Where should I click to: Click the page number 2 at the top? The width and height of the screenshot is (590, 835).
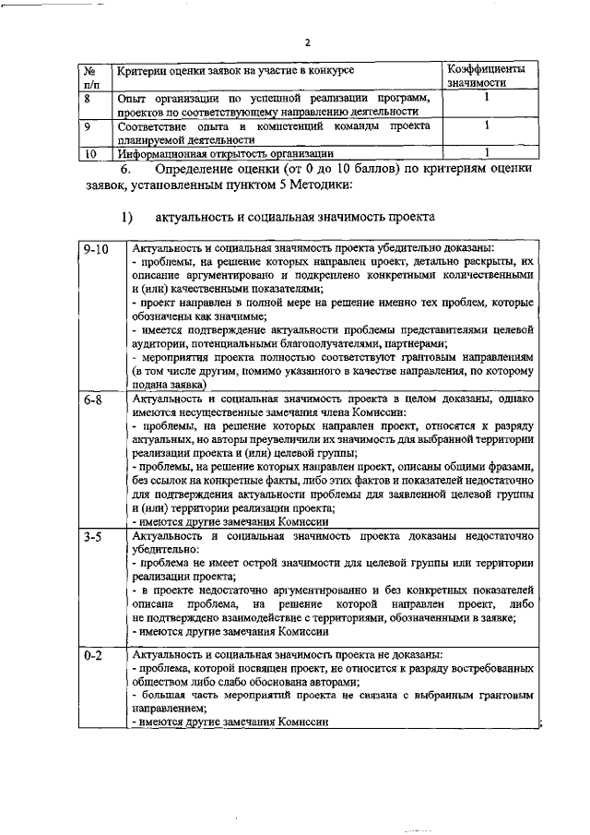point(308,42)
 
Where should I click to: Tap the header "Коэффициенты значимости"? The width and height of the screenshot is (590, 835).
point(486,77)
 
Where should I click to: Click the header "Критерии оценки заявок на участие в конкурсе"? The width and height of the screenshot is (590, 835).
point(234,70)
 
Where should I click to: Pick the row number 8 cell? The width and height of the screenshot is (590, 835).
point(88,98)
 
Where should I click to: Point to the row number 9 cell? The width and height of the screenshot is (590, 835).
point(88,125)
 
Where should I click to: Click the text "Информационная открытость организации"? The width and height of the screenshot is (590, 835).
point(225,154)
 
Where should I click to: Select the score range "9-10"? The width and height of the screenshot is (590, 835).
point(96,249)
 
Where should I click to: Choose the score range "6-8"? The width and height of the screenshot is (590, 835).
point(91,400)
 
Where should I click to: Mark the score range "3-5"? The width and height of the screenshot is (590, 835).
point(91,536)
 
